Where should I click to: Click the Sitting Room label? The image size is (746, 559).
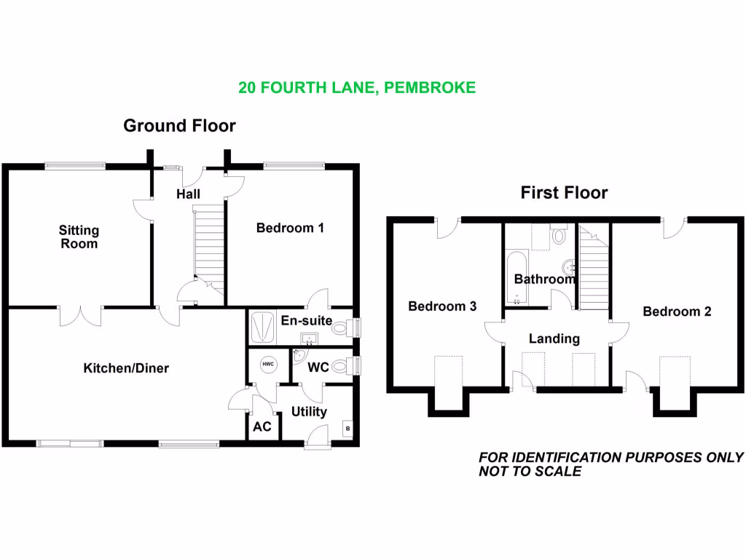click(x=79, y=237)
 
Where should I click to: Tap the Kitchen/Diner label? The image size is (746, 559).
click(x=126, y=368)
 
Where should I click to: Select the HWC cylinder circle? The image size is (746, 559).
click(x=267, y=364)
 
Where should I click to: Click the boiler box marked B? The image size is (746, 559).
click(x=348, y=429)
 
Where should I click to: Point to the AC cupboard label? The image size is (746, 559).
click(x=262, y=427)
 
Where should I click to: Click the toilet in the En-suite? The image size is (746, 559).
click(x=339, y=328)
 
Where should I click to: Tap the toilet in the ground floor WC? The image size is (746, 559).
click(x=339, y=367)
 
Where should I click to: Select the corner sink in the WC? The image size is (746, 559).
click(x=298, y=357)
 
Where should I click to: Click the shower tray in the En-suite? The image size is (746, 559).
click(x=262, y=328)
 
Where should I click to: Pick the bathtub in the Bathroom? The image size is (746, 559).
click(x=516, y=277)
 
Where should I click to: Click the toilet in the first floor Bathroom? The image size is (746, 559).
click(x=559, y=235)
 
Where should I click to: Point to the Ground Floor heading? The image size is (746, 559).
click(x=179, y=126)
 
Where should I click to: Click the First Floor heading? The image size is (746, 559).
click(x=564, y=193)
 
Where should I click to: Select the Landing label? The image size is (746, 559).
click(x=554, y=338)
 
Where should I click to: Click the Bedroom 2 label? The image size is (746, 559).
click(x=677, y=312)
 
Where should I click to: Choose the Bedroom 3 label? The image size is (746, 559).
click(x=442, y=306)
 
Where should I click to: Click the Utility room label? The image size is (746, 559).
click(x=309, y=412)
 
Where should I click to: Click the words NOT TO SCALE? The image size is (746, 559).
click(x=530, y=472)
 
